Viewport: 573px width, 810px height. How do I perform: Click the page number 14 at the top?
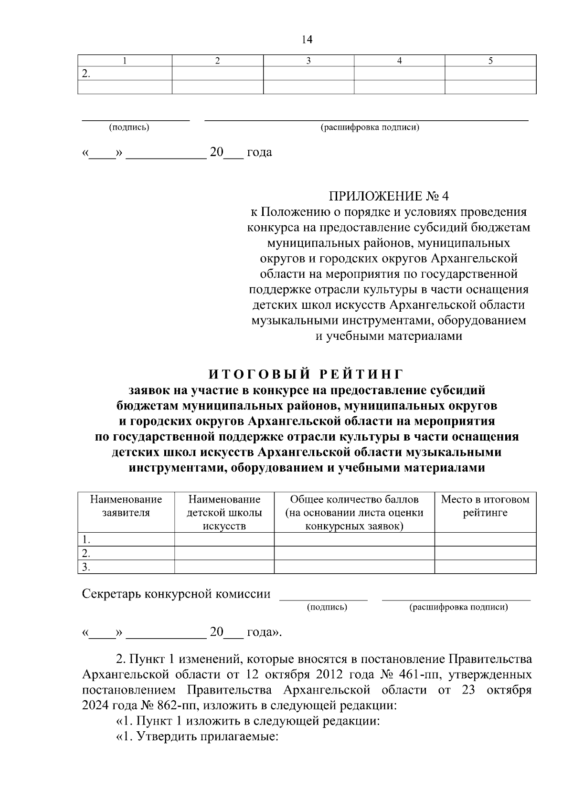(x=307, y=40)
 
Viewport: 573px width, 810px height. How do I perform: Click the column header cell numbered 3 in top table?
(x=308, y=61)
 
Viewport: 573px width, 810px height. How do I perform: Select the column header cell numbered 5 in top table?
(x=490, y=61)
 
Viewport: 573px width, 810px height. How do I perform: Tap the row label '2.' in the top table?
(x=86, y=74)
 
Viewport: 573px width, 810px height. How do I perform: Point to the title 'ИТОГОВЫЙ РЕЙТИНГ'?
(x=307, y=373)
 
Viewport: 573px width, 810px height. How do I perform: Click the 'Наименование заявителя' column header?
(x=126, y=506)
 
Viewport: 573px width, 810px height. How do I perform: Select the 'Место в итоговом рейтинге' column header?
(x=485, y=506)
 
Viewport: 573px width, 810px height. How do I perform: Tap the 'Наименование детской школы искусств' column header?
(x=224, y=513)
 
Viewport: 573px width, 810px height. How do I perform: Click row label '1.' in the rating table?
(x=86, y=540)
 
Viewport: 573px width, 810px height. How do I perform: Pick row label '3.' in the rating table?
(x=86, y=567)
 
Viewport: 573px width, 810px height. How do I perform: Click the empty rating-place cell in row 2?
(x=485, y=554)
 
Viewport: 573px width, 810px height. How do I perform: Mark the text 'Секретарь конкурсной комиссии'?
(x=176, y=594)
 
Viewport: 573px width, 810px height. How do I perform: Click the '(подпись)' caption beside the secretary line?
(x=327, y=607)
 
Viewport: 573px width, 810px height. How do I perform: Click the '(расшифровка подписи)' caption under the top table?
(x=370, y=127)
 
